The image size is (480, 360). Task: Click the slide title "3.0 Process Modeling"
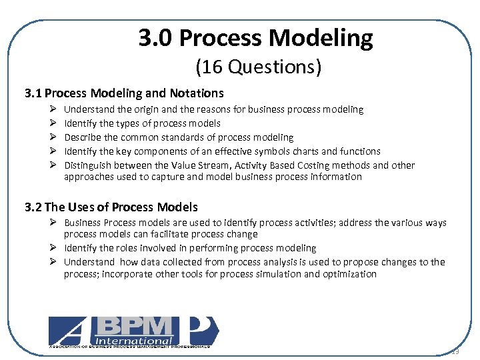point(256,38)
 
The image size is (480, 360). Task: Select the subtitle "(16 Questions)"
point(258,67)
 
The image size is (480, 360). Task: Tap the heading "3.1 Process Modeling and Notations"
point(124,93)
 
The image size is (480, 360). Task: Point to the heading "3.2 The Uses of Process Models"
point(111,207)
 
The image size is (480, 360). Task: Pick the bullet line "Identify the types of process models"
point(142,123)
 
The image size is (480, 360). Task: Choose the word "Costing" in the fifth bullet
point(307,165)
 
